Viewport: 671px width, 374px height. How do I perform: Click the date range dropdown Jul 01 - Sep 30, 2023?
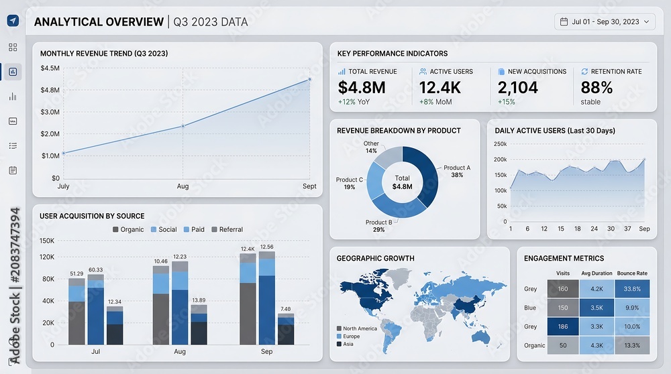tap(605, 22)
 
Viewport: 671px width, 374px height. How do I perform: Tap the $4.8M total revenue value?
tap(362, 88)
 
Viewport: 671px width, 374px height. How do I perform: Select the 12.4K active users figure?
tap(440, 88)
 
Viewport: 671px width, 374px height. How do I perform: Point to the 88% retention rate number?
tap(597, 88)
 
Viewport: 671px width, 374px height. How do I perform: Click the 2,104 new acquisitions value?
tap(518, 88)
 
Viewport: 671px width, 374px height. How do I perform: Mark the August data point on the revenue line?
tap(183, 126)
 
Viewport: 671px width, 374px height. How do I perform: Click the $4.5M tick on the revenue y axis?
tap(50, 68)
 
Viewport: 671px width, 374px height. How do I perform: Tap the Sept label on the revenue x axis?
tap(309, 186)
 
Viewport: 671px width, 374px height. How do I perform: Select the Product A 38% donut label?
tap(457, 172)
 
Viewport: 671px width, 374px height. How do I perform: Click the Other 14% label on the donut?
tap(371, 147)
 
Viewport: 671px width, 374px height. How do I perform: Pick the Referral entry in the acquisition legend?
tap(227, 229)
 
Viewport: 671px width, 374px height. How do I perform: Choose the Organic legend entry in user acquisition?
tap(128, 229)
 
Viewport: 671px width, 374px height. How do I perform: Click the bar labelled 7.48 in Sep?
tap(286, 329)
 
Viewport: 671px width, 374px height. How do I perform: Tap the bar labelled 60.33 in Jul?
tap(95, 310)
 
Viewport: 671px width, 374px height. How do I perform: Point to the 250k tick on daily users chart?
tap(501, 144)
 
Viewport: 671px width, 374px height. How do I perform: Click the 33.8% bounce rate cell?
tap(632, 289)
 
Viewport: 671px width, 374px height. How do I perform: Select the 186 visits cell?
tap(563, 326)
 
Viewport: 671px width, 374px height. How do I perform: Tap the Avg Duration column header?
tap(597, 273)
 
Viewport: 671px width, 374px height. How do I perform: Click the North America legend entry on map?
tap(357, 328)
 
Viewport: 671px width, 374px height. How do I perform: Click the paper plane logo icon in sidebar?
tap(13, 21)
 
